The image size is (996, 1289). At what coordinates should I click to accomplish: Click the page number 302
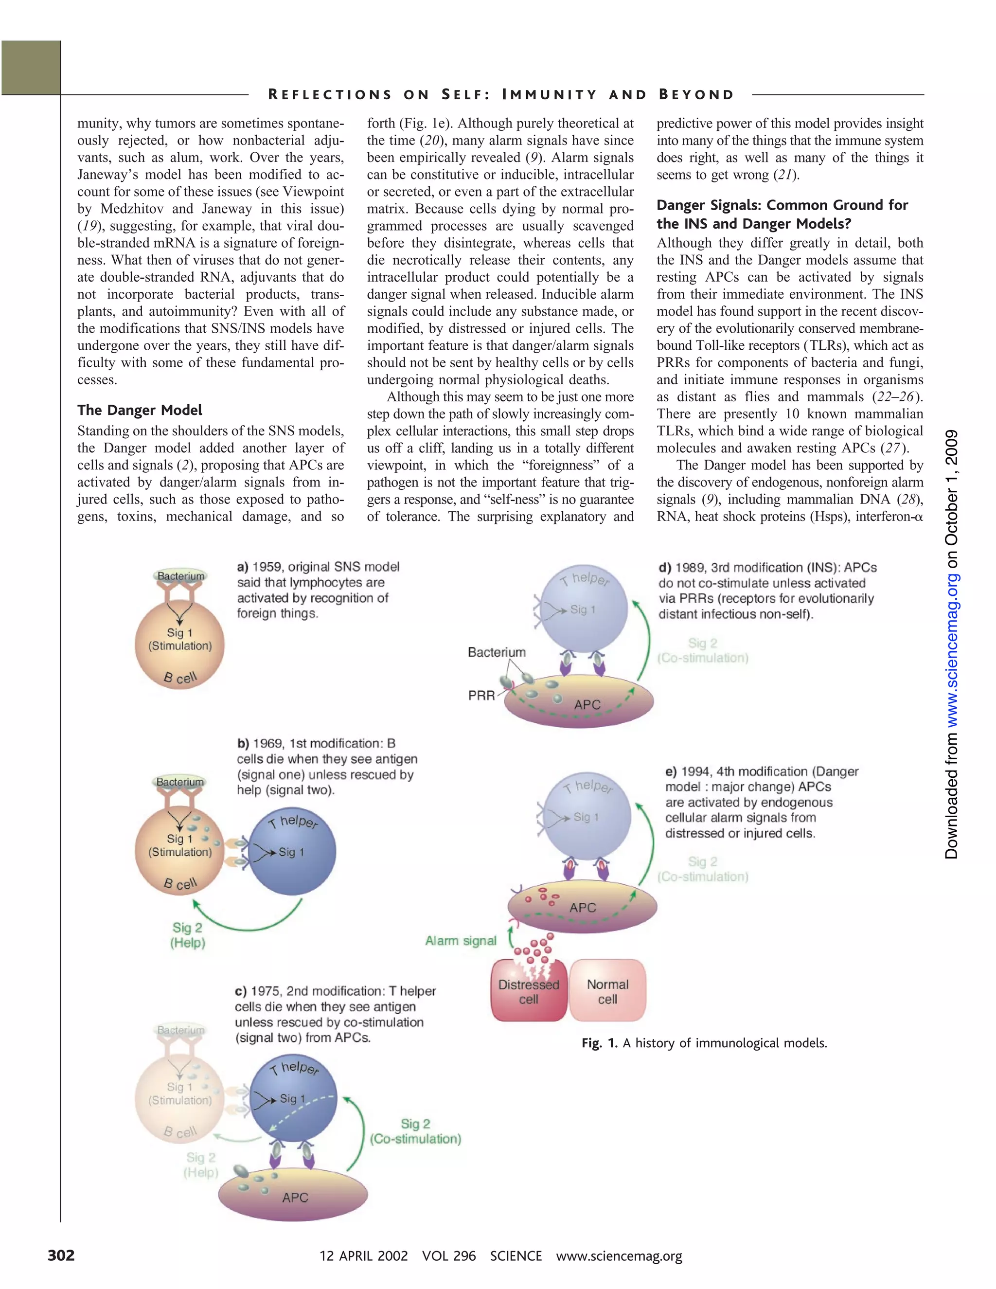[61, 1255]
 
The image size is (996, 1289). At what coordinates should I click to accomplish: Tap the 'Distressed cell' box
[529, 991]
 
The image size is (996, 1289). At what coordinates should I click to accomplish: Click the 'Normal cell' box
[608, 991]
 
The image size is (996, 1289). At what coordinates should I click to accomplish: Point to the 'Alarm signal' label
[461, 941]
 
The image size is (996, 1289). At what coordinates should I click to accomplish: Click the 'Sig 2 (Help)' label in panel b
[188, 935]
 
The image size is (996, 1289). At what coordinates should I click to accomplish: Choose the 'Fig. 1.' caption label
[599, 1043]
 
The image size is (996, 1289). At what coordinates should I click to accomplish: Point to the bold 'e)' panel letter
[671, 772]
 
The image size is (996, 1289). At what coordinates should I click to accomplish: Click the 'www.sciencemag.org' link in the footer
[619, 1255]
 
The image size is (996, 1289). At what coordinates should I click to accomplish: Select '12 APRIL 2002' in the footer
[363, 1255]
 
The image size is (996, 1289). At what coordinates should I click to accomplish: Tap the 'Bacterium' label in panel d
[496, 652]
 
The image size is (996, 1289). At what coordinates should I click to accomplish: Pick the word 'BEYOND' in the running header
[696, 94]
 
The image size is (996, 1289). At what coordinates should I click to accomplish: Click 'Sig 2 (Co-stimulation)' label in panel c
[415, 1131]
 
